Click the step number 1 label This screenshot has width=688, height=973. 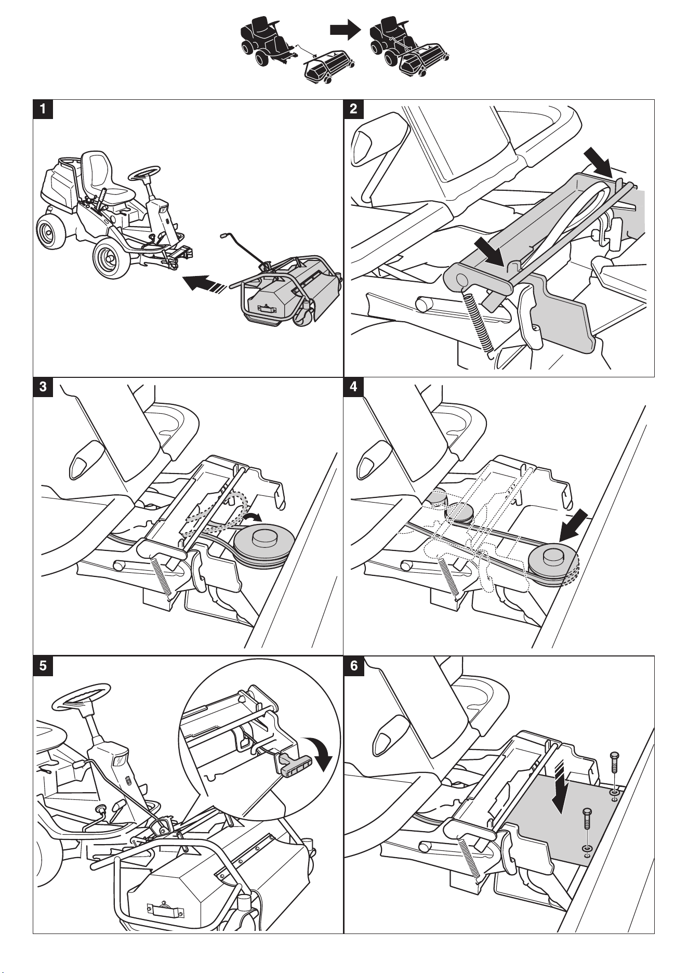[x=43, y=109]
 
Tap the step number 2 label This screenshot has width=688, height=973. [x=353, y=109]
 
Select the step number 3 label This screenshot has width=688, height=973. [x=43, y=387]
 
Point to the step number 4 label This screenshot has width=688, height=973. [x=353, y=387]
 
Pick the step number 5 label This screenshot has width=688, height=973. [x=43, y=665]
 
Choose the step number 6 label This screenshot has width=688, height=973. [x=353, y=665]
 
